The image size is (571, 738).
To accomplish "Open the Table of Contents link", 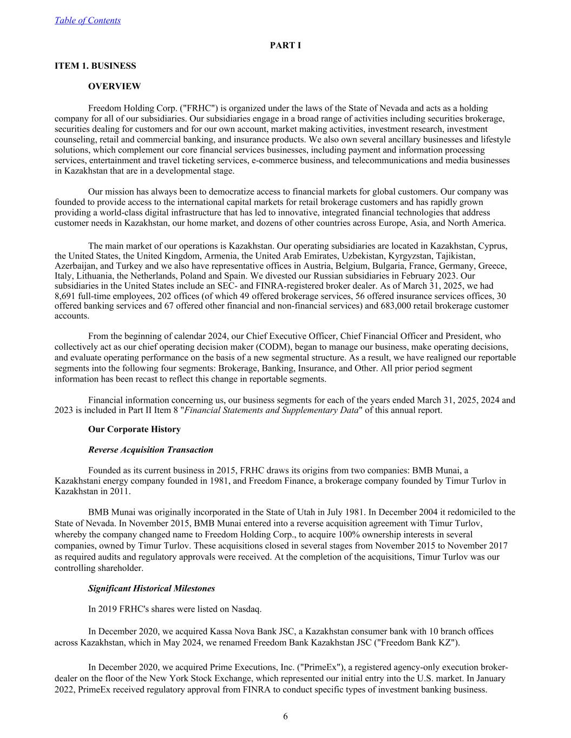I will (88, 21).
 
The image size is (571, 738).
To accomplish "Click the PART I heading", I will (285, 45).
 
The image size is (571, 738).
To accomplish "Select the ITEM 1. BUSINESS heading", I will (95, 66).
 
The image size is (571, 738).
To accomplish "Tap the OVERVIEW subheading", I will (114, 87).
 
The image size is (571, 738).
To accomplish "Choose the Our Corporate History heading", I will (134, 429).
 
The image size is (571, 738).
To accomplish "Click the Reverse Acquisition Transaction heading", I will (150, 450).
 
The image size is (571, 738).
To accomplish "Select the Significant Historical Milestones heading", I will (152, 588).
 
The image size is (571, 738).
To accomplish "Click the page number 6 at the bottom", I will (285, 717).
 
